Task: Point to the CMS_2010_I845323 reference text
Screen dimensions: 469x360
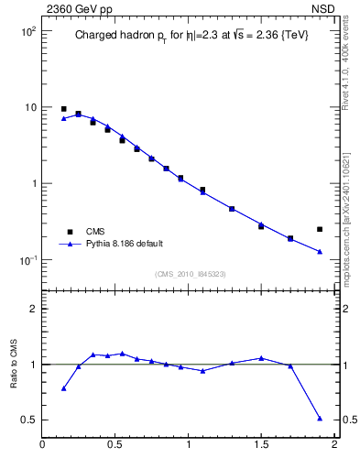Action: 190,274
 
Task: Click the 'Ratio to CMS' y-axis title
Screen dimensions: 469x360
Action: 14,364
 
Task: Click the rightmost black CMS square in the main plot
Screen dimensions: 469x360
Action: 320,229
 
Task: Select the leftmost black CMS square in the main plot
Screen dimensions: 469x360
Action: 63,109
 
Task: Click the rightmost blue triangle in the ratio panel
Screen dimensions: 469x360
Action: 320,418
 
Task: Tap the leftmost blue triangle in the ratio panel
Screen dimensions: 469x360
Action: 63,388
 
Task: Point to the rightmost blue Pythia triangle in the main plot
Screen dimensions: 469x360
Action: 320,252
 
